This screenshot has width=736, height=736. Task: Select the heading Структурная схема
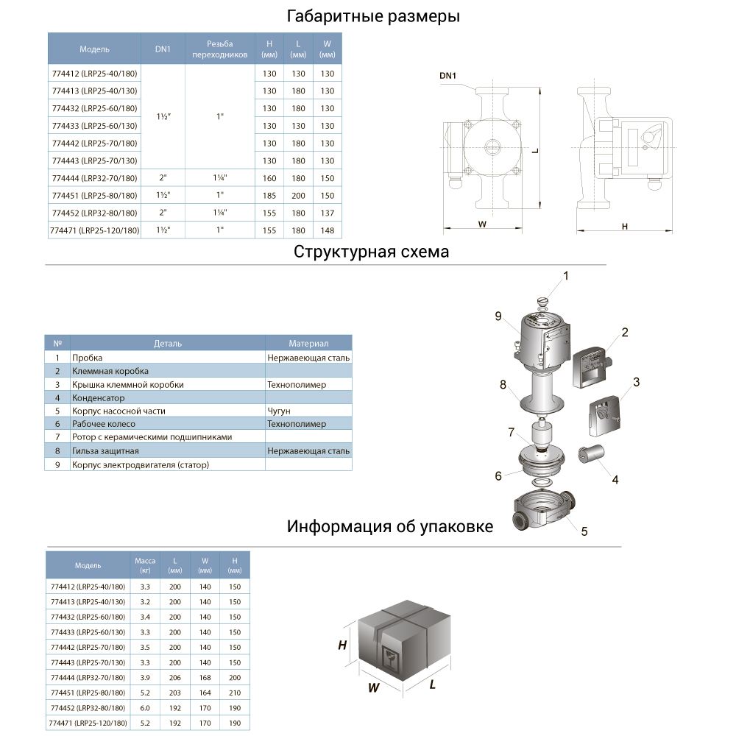coord(371,252)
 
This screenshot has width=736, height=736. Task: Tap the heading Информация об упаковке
coord(390,527)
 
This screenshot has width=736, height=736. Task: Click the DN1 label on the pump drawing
coord(448,76)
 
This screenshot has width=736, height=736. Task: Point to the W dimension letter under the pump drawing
coord(482,225)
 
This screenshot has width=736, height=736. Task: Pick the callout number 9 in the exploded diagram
coord(498,316)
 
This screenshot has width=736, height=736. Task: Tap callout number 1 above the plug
coord(566,276)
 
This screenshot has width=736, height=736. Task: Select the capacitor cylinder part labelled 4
coord(592,453)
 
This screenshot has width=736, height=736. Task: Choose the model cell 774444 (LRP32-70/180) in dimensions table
coord(94,178)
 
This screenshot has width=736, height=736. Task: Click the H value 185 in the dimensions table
coord(269,196)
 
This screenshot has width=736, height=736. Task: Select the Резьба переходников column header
coord(219,49)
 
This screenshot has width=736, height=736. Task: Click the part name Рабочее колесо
coord(104,424)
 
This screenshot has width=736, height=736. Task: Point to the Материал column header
coord(308,344)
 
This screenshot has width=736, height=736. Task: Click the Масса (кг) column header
coord(145,565)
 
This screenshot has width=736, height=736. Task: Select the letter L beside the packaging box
coord(433,684)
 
